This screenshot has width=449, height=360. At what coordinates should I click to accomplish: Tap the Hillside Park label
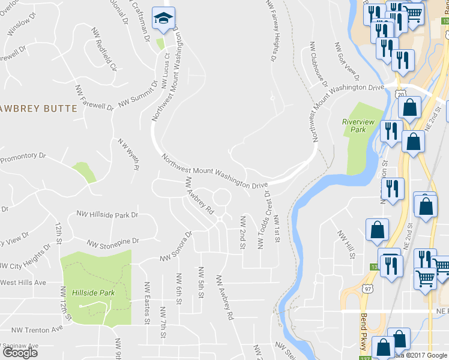coord(93,293)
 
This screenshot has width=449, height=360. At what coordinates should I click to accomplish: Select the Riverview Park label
coord(358,125)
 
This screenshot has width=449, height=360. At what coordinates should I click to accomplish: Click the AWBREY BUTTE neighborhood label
coord(39,109)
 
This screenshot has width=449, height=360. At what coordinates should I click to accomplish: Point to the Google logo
coord(20,352)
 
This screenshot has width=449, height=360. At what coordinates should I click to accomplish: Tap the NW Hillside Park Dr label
coord(107,214)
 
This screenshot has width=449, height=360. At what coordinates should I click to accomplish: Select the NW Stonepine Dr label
coord(113,242)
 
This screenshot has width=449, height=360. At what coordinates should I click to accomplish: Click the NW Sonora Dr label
coord(175,247)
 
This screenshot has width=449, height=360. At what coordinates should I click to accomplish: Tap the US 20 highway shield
coord(400,94)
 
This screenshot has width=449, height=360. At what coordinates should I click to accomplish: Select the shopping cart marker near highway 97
coord(426,278)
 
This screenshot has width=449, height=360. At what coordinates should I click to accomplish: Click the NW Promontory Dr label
coord(23,158)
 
